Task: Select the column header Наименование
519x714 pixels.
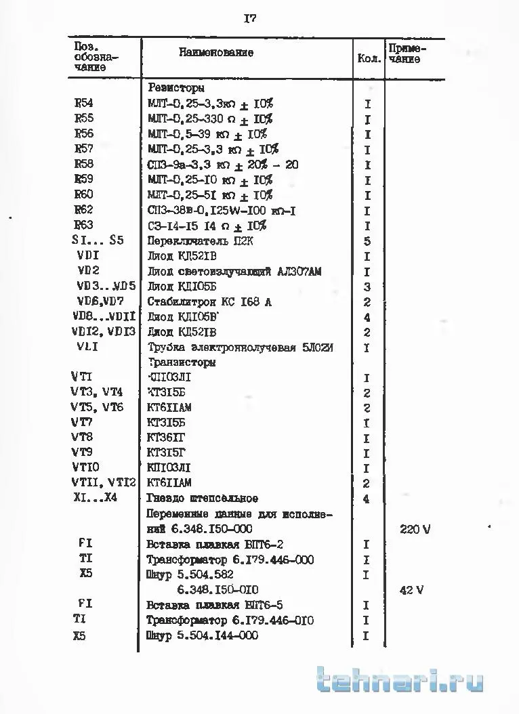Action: tap(216, 52)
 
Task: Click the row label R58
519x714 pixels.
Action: tap(84, 165)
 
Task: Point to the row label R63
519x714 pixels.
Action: tap(84, 226)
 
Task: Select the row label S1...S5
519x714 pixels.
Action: tap(98, 240)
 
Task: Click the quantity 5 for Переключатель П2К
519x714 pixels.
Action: tap(367, 241)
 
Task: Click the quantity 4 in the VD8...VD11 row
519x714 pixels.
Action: tap(367, 317)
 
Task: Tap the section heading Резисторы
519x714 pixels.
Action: tap(176, 88)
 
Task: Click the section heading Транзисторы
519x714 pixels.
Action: tap(182, 362)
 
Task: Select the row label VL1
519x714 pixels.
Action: tap(90, 348)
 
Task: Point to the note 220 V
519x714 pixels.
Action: tap(415, 530)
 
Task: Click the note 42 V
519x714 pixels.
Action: tap(411, 590)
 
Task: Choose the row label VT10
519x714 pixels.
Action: tap(85, 468)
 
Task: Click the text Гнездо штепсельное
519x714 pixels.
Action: tap(193, 499)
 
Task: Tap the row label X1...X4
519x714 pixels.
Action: tap(96, 499)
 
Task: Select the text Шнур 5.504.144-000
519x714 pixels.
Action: tap(203, 635)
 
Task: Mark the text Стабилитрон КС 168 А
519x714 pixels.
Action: tap(209, 302)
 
